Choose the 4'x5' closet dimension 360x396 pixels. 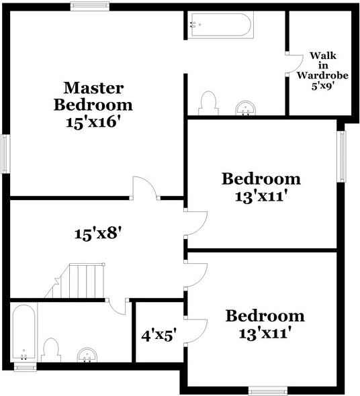click(x=159, y=334)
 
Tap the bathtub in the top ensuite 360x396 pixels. click(x=220, y=25)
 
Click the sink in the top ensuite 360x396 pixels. click(x=247, y=108)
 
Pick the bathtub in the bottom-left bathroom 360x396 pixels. click(x=24, y=334)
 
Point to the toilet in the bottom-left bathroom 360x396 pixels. click(x=50, y=350)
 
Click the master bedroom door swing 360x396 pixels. click(x=145, y=189)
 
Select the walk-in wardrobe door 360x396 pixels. click(x=294, y=64)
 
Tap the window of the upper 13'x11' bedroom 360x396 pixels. click(x=341, y=155)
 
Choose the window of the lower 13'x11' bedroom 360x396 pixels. click(x=269, y=390)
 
